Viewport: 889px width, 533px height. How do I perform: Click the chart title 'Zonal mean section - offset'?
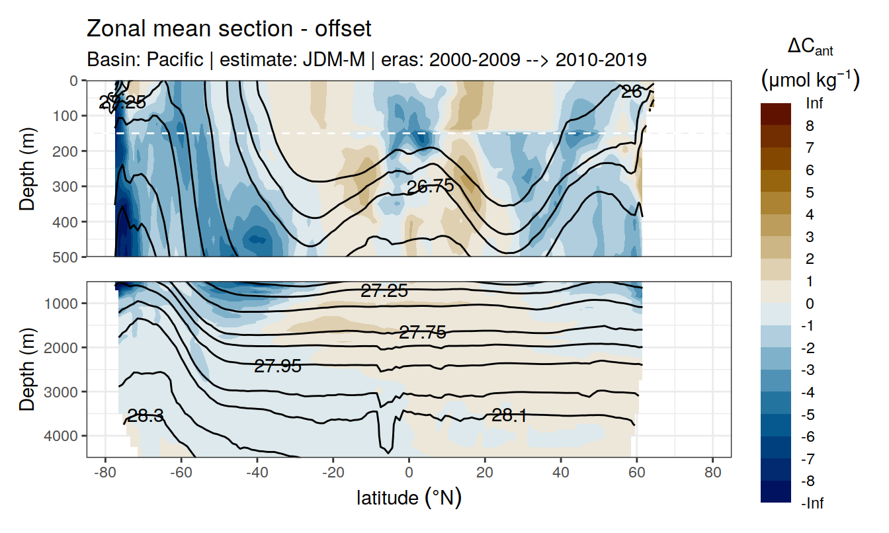pos(229,29)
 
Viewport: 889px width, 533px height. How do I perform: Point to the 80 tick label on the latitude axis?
pos(712,473)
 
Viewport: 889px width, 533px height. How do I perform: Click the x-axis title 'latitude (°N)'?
pos(409,497)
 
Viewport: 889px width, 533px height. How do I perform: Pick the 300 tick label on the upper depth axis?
pos(65,186)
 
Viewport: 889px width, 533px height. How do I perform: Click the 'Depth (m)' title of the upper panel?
pos(28,168)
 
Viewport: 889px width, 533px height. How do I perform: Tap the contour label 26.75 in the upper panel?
pos(431,186)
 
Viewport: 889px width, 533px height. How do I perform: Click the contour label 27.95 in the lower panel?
pos(278,366)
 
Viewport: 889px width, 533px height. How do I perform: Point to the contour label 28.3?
pos(146,416)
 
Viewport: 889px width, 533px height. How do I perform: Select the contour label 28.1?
pos(509,415)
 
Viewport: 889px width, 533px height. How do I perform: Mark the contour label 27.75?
pos(423,333)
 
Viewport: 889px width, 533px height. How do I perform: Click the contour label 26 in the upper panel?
pos(632,92)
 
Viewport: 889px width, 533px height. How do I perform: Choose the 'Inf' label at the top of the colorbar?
pos(815,104)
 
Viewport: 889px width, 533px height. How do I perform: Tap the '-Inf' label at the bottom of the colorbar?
pos(813,503)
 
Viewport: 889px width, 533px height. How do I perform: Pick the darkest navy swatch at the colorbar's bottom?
pos(776,491)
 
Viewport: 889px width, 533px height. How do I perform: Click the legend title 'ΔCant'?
pos(810,48)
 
